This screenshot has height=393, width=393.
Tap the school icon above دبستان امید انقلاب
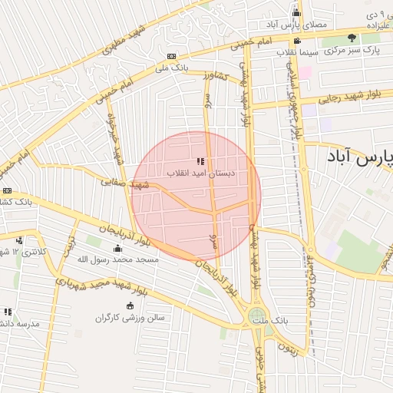pos(200,161)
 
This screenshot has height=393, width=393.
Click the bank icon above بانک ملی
pos(171,56)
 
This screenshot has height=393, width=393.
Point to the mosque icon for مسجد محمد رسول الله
pos(117,248)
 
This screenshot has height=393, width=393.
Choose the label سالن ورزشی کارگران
pos(131,317)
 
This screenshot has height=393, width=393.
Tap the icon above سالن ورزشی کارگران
pos(130,305)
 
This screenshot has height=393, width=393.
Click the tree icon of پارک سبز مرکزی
pos(352,38)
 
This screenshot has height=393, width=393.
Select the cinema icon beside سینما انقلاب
pos(296,41)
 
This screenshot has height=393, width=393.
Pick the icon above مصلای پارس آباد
pos(296,12)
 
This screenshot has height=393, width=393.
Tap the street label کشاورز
pos(216,76)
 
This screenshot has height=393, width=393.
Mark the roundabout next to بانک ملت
pos(256,315)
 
